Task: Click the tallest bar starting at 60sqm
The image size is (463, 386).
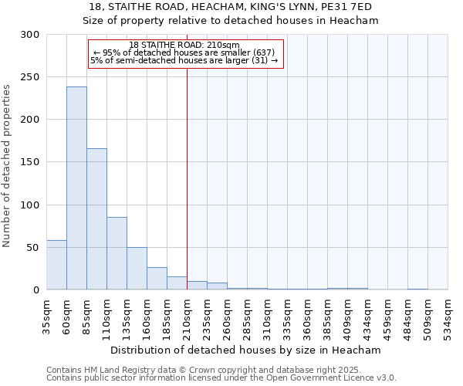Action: coord(76,188)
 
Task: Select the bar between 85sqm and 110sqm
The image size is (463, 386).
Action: coord(96,219)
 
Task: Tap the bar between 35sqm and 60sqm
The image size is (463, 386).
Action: coord(56,265)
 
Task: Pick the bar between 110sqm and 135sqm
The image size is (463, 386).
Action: coord(117,253)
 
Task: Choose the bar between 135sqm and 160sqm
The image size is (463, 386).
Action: coord(137,268)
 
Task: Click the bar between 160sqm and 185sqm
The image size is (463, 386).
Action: coord(157,278)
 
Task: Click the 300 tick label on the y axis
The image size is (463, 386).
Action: coord(30,35)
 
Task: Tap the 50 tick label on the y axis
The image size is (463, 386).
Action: coord(33,248)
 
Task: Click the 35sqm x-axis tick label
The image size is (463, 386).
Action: coord(47,313)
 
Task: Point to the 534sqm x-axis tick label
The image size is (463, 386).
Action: coord(448,315)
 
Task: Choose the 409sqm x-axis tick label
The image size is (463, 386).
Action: coord(328,315)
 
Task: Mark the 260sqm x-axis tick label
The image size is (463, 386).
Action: coord(228,315)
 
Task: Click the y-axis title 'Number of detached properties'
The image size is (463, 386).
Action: coord(7,166)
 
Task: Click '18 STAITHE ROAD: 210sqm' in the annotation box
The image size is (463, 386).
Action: coord(184,45)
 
